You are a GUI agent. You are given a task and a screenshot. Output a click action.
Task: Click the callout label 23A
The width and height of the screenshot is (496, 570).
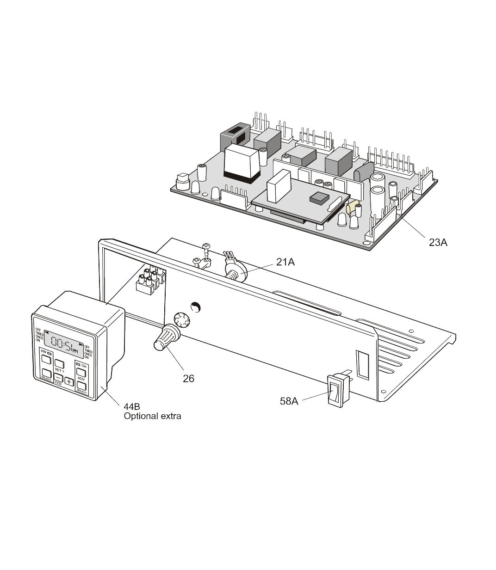(438, 242)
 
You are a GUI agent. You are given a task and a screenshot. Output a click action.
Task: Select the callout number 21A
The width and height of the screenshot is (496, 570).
(285, 262)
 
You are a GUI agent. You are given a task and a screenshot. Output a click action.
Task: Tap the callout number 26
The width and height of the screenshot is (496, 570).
(188, 378)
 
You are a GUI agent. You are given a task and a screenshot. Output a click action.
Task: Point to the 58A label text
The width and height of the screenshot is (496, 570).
(289, 401)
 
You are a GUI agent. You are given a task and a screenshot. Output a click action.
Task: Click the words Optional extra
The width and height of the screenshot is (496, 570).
(152, 416)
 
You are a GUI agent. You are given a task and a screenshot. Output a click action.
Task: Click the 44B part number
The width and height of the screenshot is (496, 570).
(132, 407)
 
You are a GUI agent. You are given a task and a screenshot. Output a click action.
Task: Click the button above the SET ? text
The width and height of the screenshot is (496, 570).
(59, 363)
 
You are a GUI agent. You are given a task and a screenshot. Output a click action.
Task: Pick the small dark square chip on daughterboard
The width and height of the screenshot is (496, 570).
(318, 197)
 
